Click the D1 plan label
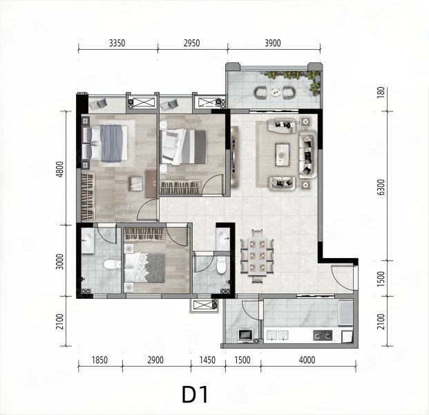coord(195,394)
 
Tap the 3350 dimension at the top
coord(117,44)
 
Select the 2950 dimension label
coord(191,44)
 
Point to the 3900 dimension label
coord(272,44)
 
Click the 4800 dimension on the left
coord(61,170)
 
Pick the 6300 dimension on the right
coord(381,187)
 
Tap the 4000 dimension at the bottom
coord(307,360)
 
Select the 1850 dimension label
coord(99,360)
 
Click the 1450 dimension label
coord(207,360)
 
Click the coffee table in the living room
coord(283,155)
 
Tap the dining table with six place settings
coord(257,256)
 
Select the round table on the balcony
coord(275,93)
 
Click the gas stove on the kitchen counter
coord(323,335)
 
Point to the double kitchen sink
coord(277,335)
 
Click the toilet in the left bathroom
coord(112,265)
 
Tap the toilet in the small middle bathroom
coord(221,265)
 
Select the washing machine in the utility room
coord(246,335)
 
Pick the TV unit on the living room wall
coord(234,156)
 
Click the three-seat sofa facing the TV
coord(308,155)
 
